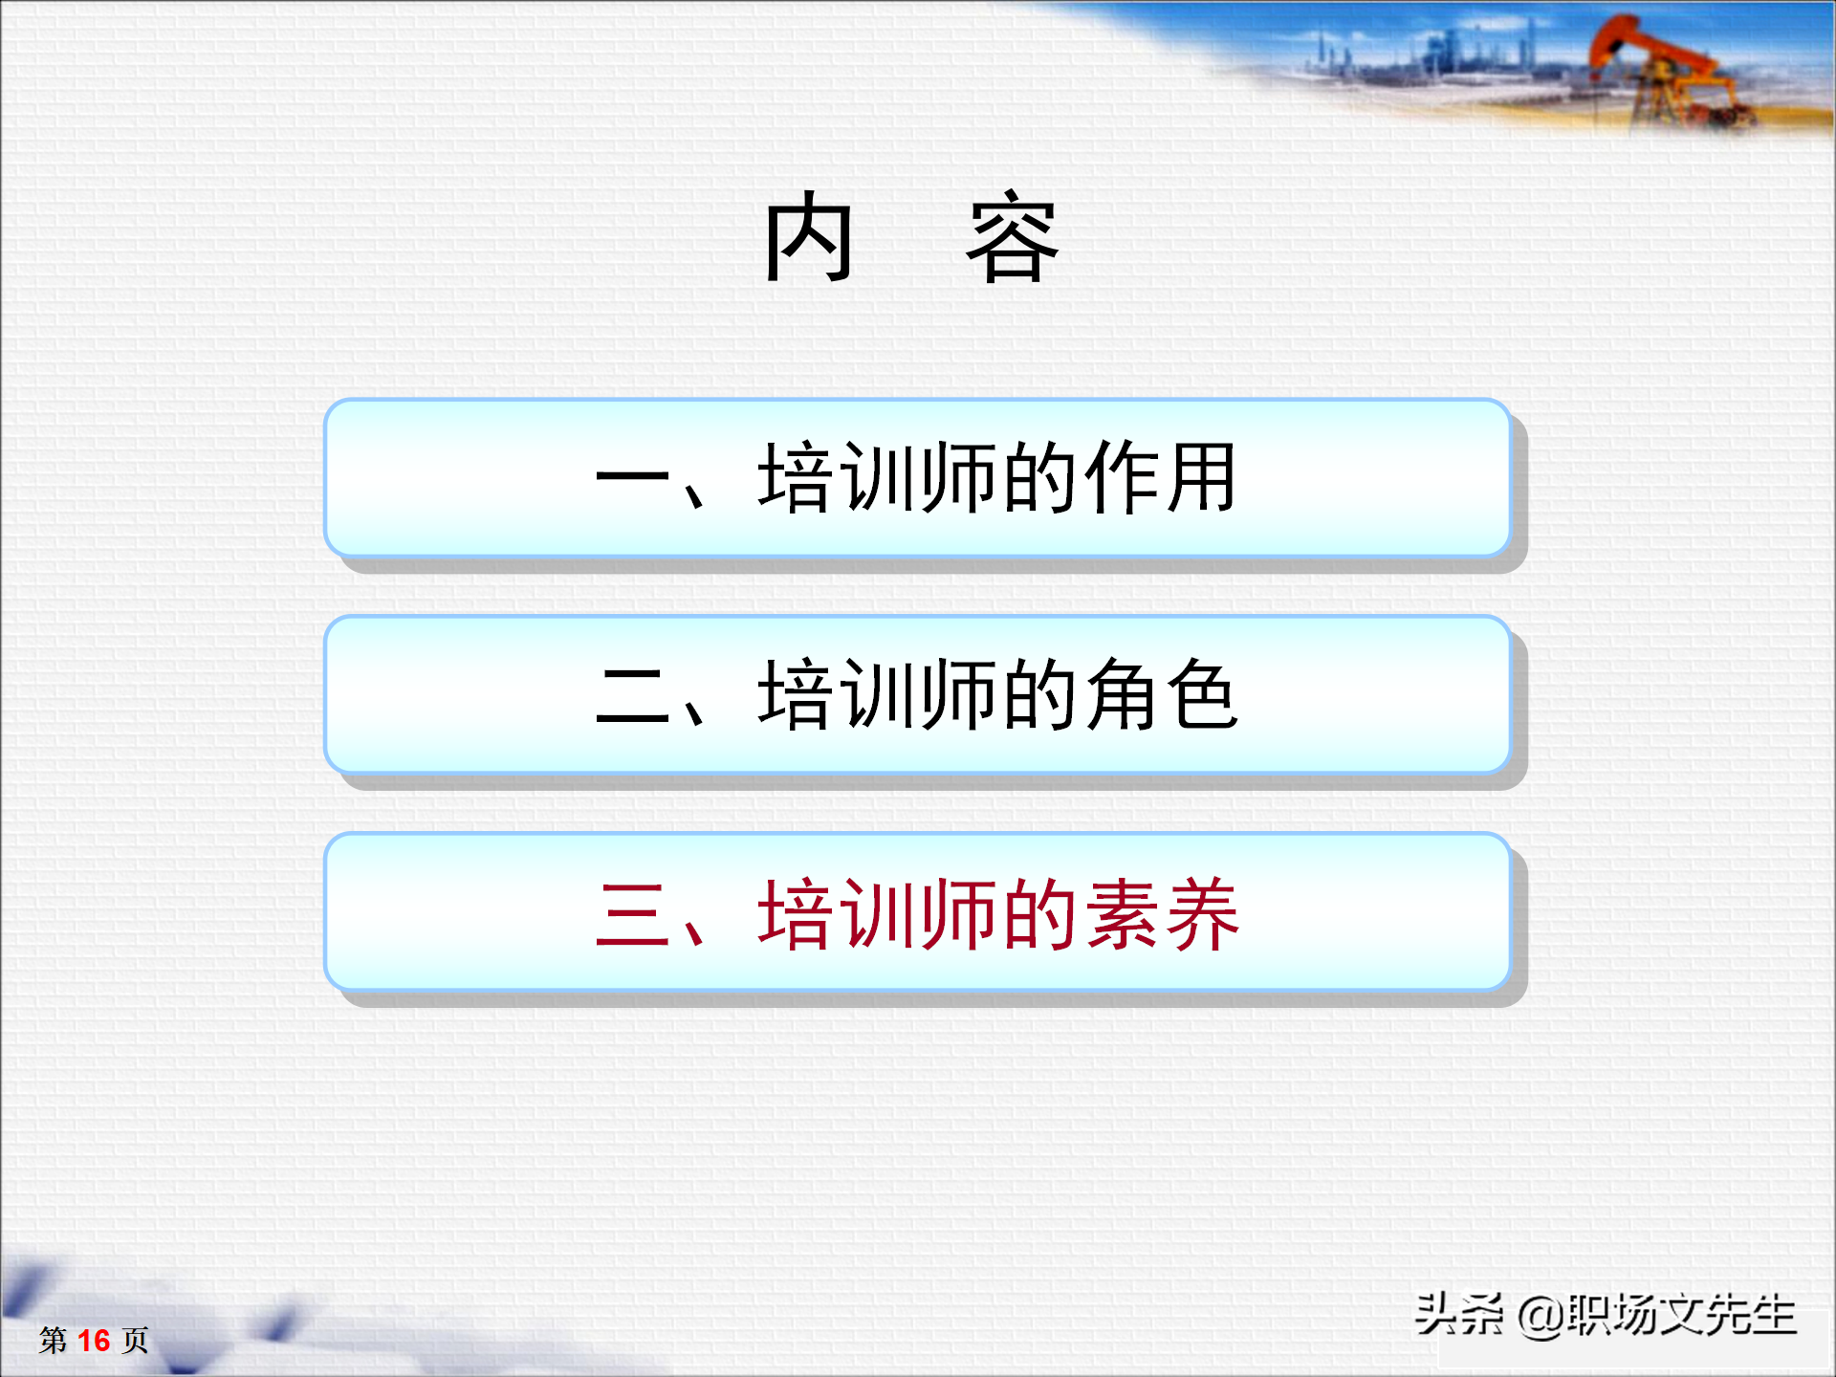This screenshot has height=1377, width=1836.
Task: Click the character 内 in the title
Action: click(808, 237)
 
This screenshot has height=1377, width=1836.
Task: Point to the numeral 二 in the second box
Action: click(631, 696)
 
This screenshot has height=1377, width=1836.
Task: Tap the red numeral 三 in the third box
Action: click(631, 914)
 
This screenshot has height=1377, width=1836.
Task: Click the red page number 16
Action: click(94, 1341)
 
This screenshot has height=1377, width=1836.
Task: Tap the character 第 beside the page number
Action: click(53, 1341)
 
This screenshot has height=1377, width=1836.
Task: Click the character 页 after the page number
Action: click(135, 1341)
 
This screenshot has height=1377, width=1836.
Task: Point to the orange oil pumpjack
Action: click(1664, 72)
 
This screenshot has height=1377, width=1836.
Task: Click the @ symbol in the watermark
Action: click(1540, 1317)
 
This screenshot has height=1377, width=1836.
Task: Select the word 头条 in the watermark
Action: click(1459, 1315)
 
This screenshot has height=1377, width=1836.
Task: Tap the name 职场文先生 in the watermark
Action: click(1681, 1315)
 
